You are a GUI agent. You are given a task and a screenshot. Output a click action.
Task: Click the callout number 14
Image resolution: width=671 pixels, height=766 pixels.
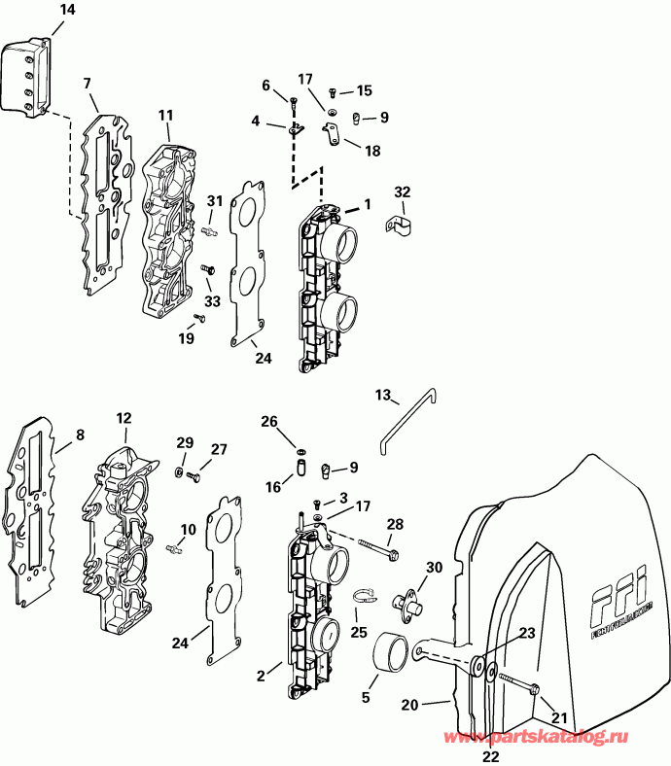pyautogui.click(x=39, y=11)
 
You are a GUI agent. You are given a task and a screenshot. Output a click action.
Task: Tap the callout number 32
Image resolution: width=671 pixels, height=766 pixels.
pyautogui.click(x=403, y=191)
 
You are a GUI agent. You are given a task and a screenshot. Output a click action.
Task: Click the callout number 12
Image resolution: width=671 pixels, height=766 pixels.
pyautogui.click(x=124, y=418)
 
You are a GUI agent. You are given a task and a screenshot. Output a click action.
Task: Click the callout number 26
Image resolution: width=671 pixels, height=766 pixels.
pyautogui.click(x=268, y=421)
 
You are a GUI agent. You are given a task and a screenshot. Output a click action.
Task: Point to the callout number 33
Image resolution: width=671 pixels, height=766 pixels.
pyautogui.click(x=212, y=301)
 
